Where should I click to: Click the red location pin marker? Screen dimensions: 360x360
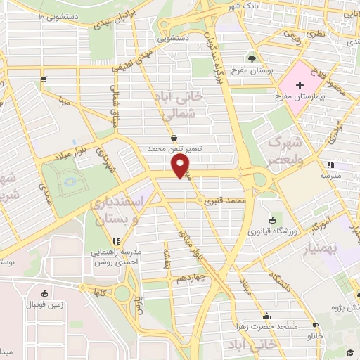[181, 166]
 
